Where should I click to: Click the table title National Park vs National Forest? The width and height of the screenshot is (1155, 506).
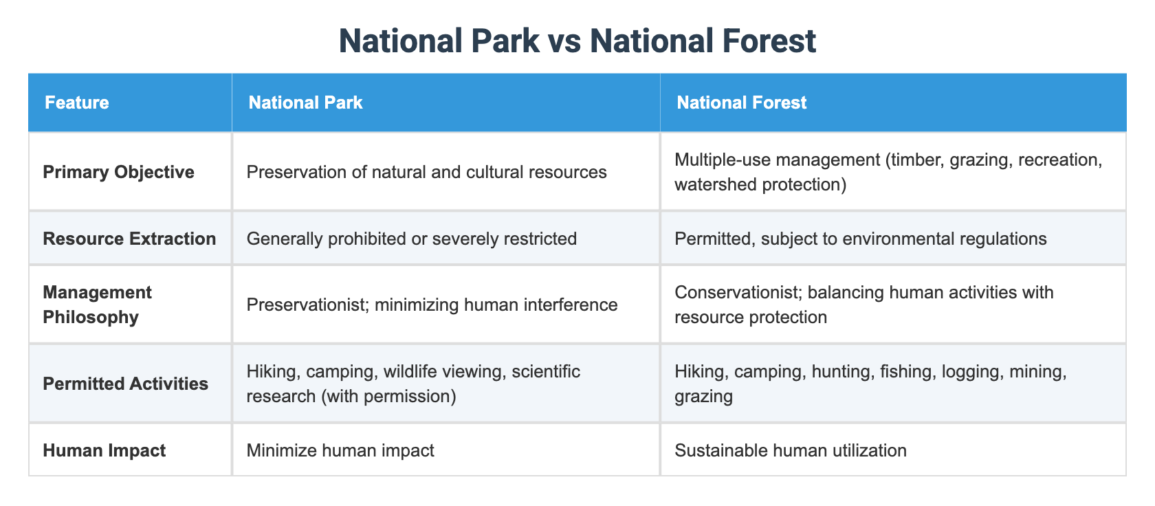[x=577, y=41]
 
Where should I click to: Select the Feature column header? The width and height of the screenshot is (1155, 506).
[x=77, y=102]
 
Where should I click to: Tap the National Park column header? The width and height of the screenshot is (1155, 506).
[x=305, y=102]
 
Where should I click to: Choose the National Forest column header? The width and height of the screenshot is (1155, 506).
[x=741, y=102]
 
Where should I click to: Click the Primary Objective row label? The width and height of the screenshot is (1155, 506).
[x=118, y=172]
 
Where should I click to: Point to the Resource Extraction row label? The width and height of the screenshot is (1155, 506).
[x=129, y=239]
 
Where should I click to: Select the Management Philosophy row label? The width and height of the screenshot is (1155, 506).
[x=97, y=305]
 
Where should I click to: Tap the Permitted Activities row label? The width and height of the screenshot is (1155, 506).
[x=125, y=384]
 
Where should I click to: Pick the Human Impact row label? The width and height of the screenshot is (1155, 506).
[x=104, y=450]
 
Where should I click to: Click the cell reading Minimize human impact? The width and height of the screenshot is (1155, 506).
[x=340, y=450]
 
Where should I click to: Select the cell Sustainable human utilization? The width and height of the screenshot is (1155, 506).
[x=791, y=450]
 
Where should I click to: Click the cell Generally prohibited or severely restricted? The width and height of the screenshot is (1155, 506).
[x=411, y=239]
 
